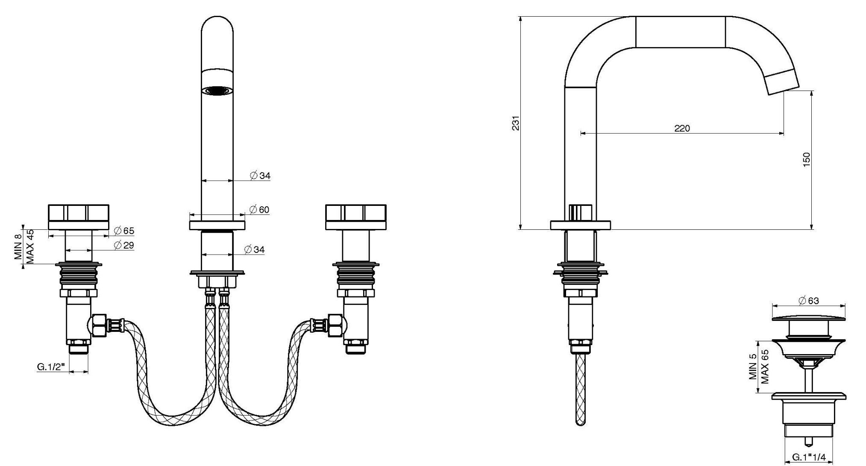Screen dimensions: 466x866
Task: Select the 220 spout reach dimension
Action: pyautogui.click(x=682, y=128)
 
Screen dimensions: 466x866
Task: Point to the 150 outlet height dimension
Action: pyautogui.click(x=806, y=159)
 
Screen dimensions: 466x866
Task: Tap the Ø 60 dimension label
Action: pyautogui.click(x=259, y=210)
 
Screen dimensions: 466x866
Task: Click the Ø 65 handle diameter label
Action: pyautogui.click(x=124, y=231)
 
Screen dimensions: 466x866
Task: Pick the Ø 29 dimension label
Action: pyautogui.click(x=124, y=245)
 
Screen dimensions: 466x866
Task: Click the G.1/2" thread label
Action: pyautogui.click(x=51, y=366)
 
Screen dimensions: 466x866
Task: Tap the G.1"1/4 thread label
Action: pyautogui.click(x=809, y=457)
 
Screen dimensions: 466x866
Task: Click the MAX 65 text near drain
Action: pyautogui.click(x=765, y=366)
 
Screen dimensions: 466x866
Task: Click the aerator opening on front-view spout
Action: pyautogui.click(x=217, y=91)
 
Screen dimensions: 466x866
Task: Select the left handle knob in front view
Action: pyautogui.click(x=79, y=213)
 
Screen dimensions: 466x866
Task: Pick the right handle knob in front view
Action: pyautogui.click(x=355, y=213)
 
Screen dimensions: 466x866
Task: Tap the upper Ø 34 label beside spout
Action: pyautogui.click(x=260, y=176)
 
